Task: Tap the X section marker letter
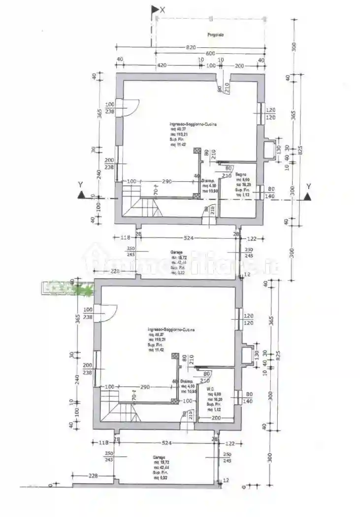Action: point(163,9)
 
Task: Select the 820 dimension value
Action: point(191,47)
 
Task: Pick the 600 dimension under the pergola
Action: point(210,54)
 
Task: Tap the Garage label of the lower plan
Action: point(159,457)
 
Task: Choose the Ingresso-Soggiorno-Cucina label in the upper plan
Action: point(186,124)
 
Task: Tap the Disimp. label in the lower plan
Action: point(186,382)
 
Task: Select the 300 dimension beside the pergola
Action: point(294,47)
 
